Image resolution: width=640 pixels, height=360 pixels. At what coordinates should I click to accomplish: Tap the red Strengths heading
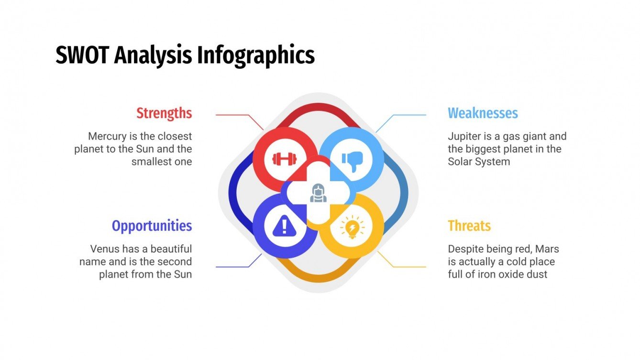tap(164, 113)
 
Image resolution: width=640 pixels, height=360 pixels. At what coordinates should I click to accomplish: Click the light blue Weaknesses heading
tap(483, 113)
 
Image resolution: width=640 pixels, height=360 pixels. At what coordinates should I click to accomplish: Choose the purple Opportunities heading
tap(152, 226)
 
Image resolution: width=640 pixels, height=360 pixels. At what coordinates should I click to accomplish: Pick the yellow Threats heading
tap(469, 226)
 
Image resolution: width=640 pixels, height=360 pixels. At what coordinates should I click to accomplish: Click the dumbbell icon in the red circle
tap(284, 159)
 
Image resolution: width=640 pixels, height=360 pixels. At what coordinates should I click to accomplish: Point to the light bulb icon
tap(352, 227)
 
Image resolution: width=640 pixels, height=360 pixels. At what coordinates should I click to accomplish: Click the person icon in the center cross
tap(318, 193)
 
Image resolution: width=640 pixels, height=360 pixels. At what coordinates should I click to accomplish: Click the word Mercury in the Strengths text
tap(106, 136)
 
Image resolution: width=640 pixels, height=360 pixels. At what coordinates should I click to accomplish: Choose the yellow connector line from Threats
tap(407, 267)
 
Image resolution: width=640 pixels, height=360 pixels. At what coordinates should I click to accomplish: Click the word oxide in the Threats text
tap(507, 274)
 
